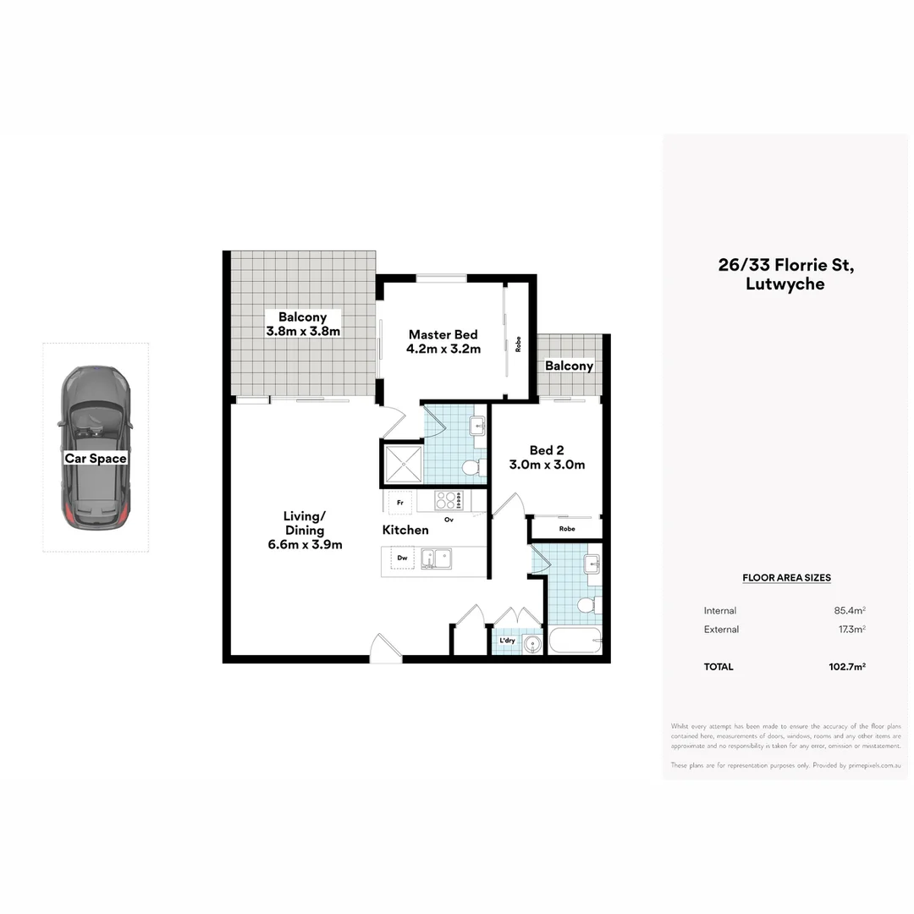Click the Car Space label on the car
(96, 459)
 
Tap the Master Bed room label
(443, 334)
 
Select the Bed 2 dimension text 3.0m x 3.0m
(546, 465)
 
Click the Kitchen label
(405, 530)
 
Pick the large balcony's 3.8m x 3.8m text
(303, 332)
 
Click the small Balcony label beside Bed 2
(569, 366)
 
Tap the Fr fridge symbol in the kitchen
(399, 503)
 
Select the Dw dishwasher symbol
(402, 559)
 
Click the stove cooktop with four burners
(448, 500)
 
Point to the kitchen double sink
(437, 559)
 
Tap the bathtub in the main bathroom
(575, 640)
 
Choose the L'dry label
(507, 641)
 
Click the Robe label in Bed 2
(566, 529)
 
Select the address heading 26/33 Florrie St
(785, 265)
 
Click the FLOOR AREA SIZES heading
(786, 578)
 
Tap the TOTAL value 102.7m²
(846, 667)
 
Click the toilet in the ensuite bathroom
(473, 467)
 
